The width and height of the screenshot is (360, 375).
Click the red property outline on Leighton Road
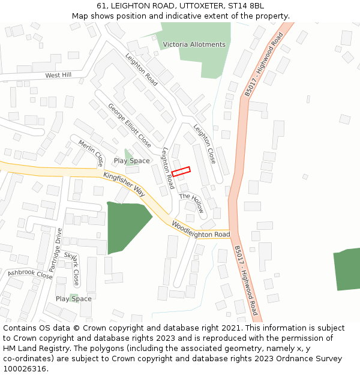181,171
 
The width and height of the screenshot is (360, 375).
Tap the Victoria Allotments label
194,44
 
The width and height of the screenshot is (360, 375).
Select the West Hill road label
58,76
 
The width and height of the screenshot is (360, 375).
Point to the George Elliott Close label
130,125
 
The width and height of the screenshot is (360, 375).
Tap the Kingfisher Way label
124,184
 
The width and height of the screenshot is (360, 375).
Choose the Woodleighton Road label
201,230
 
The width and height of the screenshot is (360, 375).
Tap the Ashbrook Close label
30,275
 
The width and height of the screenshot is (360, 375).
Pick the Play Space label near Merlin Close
132,161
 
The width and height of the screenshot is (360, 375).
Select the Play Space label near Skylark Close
74,299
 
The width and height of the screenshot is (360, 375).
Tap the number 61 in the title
101,6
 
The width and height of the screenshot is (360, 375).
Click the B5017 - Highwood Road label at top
263,64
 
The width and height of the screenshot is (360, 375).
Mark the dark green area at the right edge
347,268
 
